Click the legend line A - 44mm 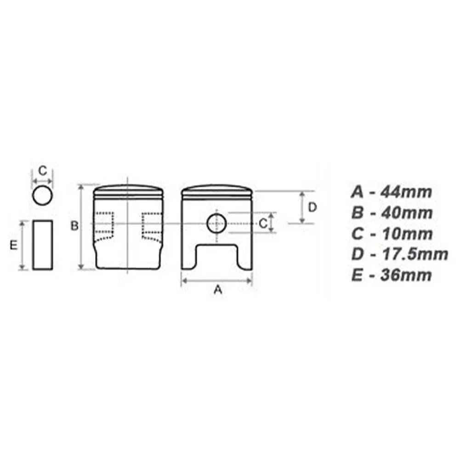[x=392, y=192]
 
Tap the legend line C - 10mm [x=392, y=234]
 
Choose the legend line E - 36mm [x=391, y=275]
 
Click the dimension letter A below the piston [x=219, y=290]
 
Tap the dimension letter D [x=312, y=208]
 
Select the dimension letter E [x=14, y=245]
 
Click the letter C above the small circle [x=42, y=171]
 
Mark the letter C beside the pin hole [x=262, y=224]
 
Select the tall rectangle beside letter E [x=43, y=245]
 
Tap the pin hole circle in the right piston [x=216, y=224]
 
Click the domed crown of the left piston [x=128, y=189]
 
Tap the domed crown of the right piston [x=217, y=189]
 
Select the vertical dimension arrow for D [x=302, y=208]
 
